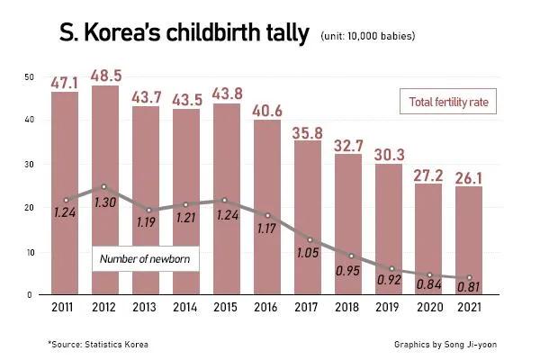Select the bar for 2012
[104, 189]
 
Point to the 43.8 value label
[226, 94]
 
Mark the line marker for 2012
[104, 186]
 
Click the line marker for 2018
[347, 256]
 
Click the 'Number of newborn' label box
[146, 259]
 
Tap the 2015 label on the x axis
[226, 308]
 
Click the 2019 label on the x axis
[388, 308]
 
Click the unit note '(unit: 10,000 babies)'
[367, 36]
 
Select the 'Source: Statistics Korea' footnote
[98, 344]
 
